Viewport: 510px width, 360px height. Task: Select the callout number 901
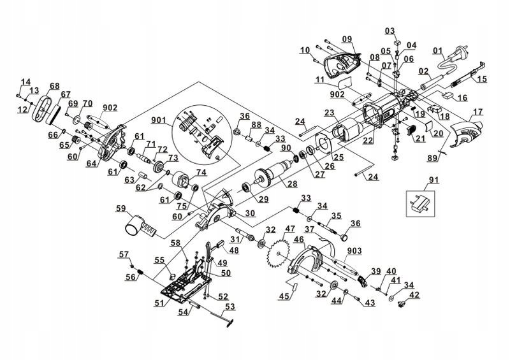click(159, 120)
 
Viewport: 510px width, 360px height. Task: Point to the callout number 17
click(477, 113)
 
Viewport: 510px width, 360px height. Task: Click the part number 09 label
click(346, 40)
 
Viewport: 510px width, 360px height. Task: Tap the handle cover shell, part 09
click(343, 62)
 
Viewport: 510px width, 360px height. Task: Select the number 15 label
click(482, 79)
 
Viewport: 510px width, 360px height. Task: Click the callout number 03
click(390, 31)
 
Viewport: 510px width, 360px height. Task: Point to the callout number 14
click(25, 82)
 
